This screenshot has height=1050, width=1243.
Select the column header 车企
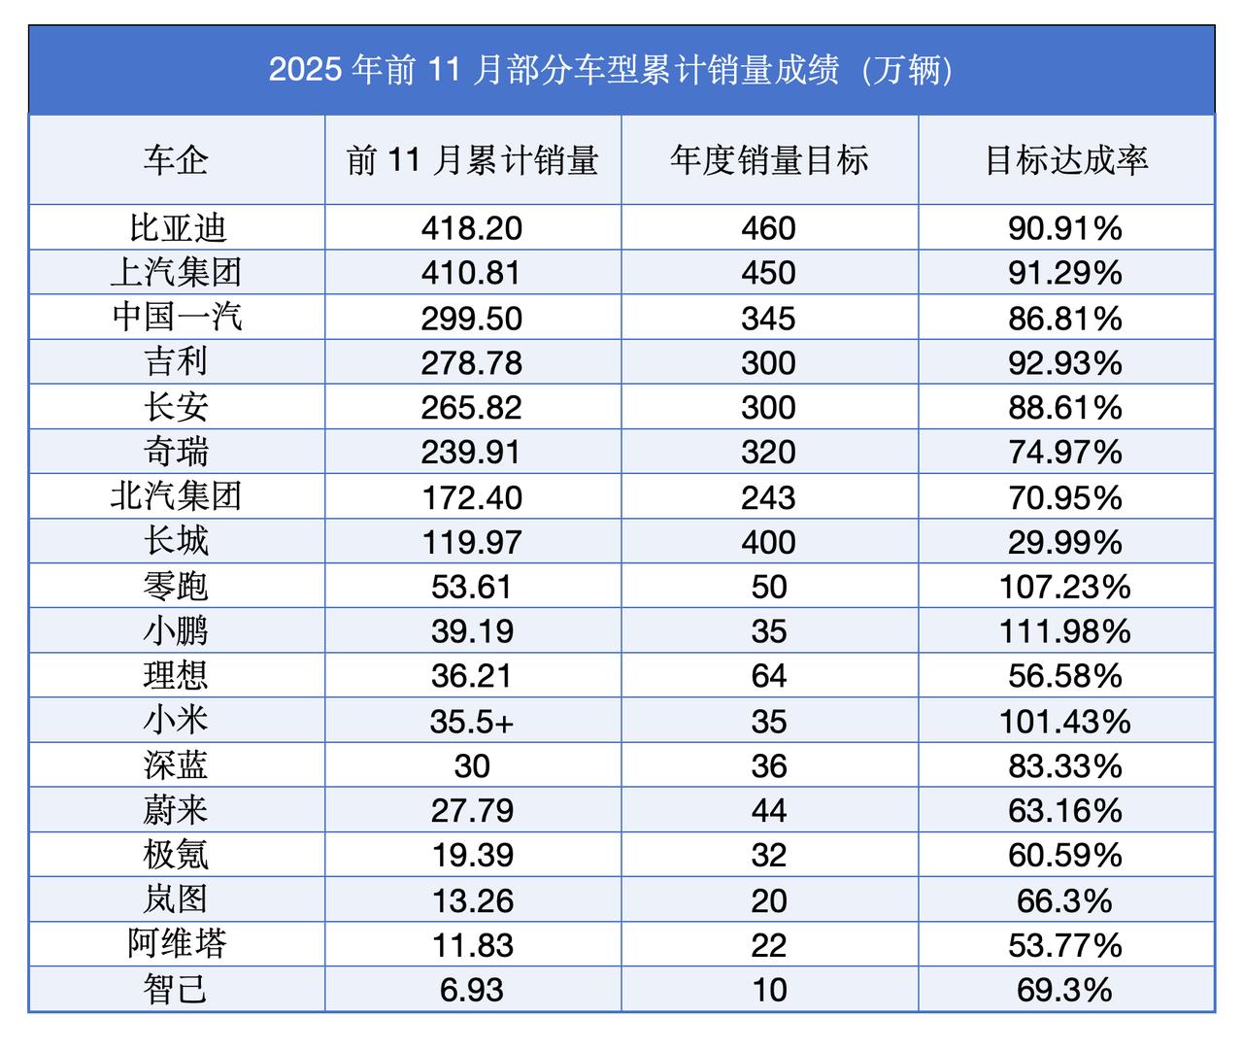click(x=176, y=160)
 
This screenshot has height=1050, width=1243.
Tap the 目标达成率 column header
click(x=1065, y=160)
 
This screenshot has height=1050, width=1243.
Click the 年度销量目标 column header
click(x=768, y=160)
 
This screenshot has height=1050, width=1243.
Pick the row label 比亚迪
click(x=176, y=228)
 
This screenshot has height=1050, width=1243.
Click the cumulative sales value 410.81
click(x=472, y=273)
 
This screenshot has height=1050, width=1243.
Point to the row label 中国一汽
click(x=176, y=318)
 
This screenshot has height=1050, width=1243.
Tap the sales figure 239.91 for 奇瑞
click(x=472, y=453)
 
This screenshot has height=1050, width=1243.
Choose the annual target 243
click(x=768, y=497)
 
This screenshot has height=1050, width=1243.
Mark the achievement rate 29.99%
click(x=1065, y=542)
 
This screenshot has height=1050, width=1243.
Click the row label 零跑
click(x=176, y=587)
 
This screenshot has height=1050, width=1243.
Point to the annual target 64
click(x=768, y=676)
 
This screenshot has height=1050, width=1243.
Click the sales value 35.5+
click(x=472, y=722)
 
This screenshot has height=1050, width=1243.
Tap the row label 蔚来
click(x=176, y=810)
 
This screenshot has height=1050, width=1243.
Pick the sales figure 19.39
click(x=472, y=856)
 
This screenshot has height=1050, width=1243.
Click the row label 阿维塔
click(x=176, y=945)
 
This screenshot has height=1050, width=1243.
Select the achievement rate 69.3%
click(x=1065, y=990)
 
